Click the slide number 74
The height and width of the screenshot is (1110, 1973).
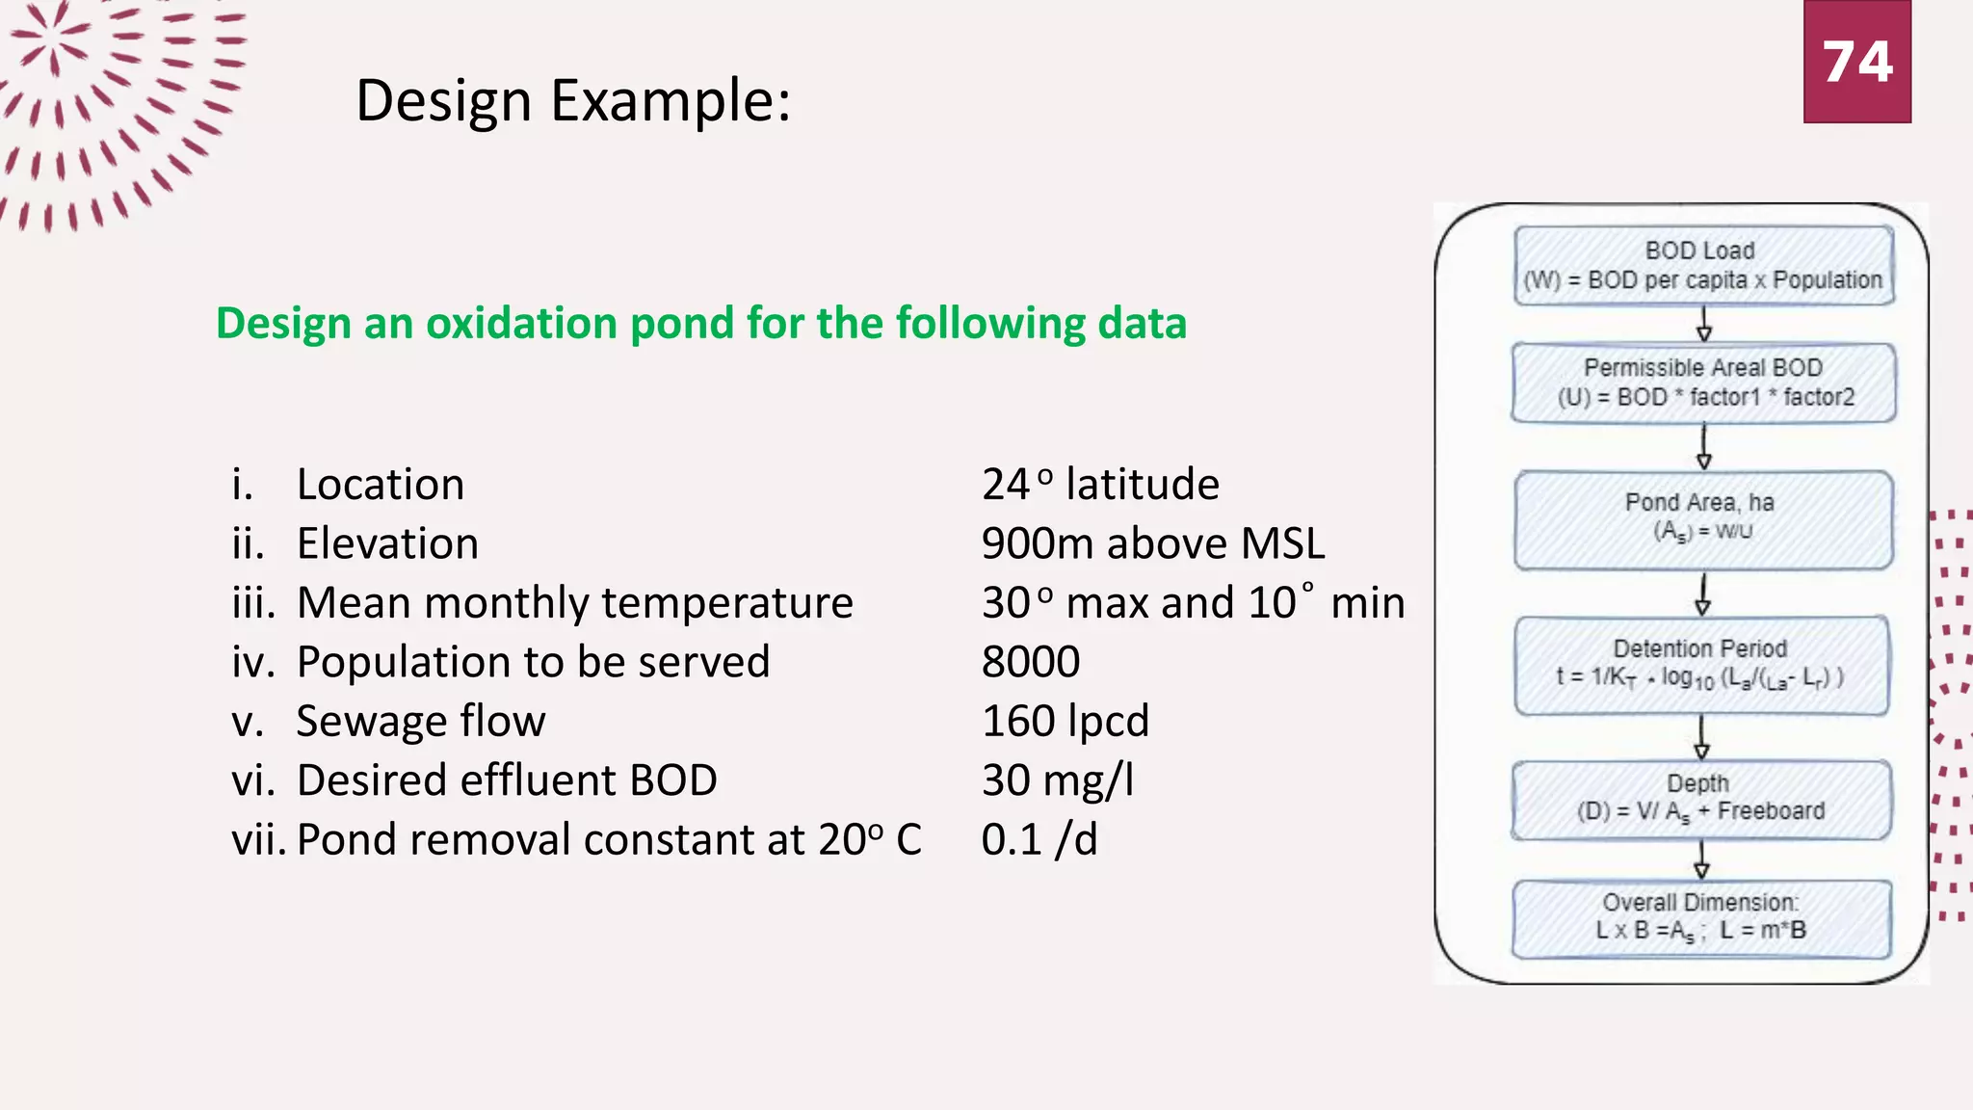(x=1856, y=62)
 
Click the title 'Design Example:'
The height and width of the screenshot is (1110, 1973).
(x=573, y=100)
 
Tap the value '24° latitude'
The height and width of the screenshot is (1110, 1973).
(x=1100, y=484)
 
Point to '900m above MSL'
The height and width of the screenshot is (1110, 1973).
(x=1152, y=543)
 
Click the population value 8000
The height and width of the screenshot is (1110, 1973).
(x=1031, y=662)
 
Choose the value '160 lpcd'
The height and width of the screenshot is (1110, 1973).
(x=1065, y=721)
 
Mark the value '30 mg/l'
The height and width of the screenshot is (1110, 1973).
(x=1057, y=780)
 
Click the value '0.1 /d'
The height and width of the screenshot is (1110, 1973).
(x=1039, y=839)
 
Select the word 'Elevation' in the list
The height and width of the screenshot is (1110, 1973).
(x=387, y=543)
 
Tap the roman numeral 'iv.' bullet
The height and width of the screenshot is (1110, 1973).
(x=253, y=662)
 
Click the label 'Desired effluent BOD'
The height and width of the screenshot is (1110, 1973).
(x=507, y=780)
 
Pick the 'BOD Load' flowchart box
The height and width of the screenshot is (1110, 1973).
(x=1702, y=266)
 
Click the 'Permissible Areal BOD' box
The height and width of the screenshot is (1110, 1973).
(x=1702, y=383)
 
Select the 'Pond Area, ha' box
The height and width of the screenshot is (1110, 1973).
(x=1702, y=519)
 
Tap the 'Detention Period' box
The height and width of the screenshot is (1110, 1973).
(x=1700, y=665)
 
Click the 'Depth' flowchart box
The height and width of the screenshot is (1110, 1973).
(x=1700, y=800)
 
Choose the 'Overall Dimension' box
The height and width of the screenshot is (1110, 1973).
(x=1700, y=918)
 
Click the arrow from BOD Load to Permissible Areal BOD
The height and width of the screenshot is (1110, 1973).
(x=1703, y=324)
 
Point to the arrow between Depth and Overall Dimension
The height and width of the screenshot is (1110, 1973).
(x=1701, y=859)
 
